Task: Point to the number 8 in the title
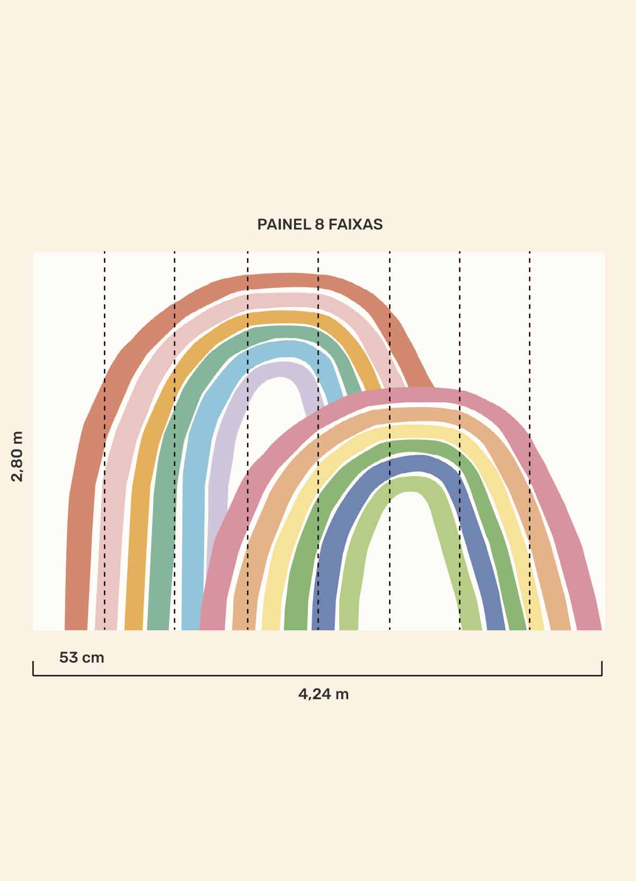(x=320, y=224)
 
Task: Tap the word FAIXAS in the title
(x=355, y=224)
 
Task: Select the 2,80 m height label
(x=17, y=456)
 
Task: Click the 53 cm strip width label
(x=82, y=658)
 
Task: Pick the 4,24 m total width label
(x=323, y=694)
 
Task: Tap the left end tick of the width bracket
(x=33, y=668)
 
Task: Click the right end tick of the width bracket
(x=602, y=668)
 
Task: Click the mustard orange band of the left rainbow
(x=135, y=530)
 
